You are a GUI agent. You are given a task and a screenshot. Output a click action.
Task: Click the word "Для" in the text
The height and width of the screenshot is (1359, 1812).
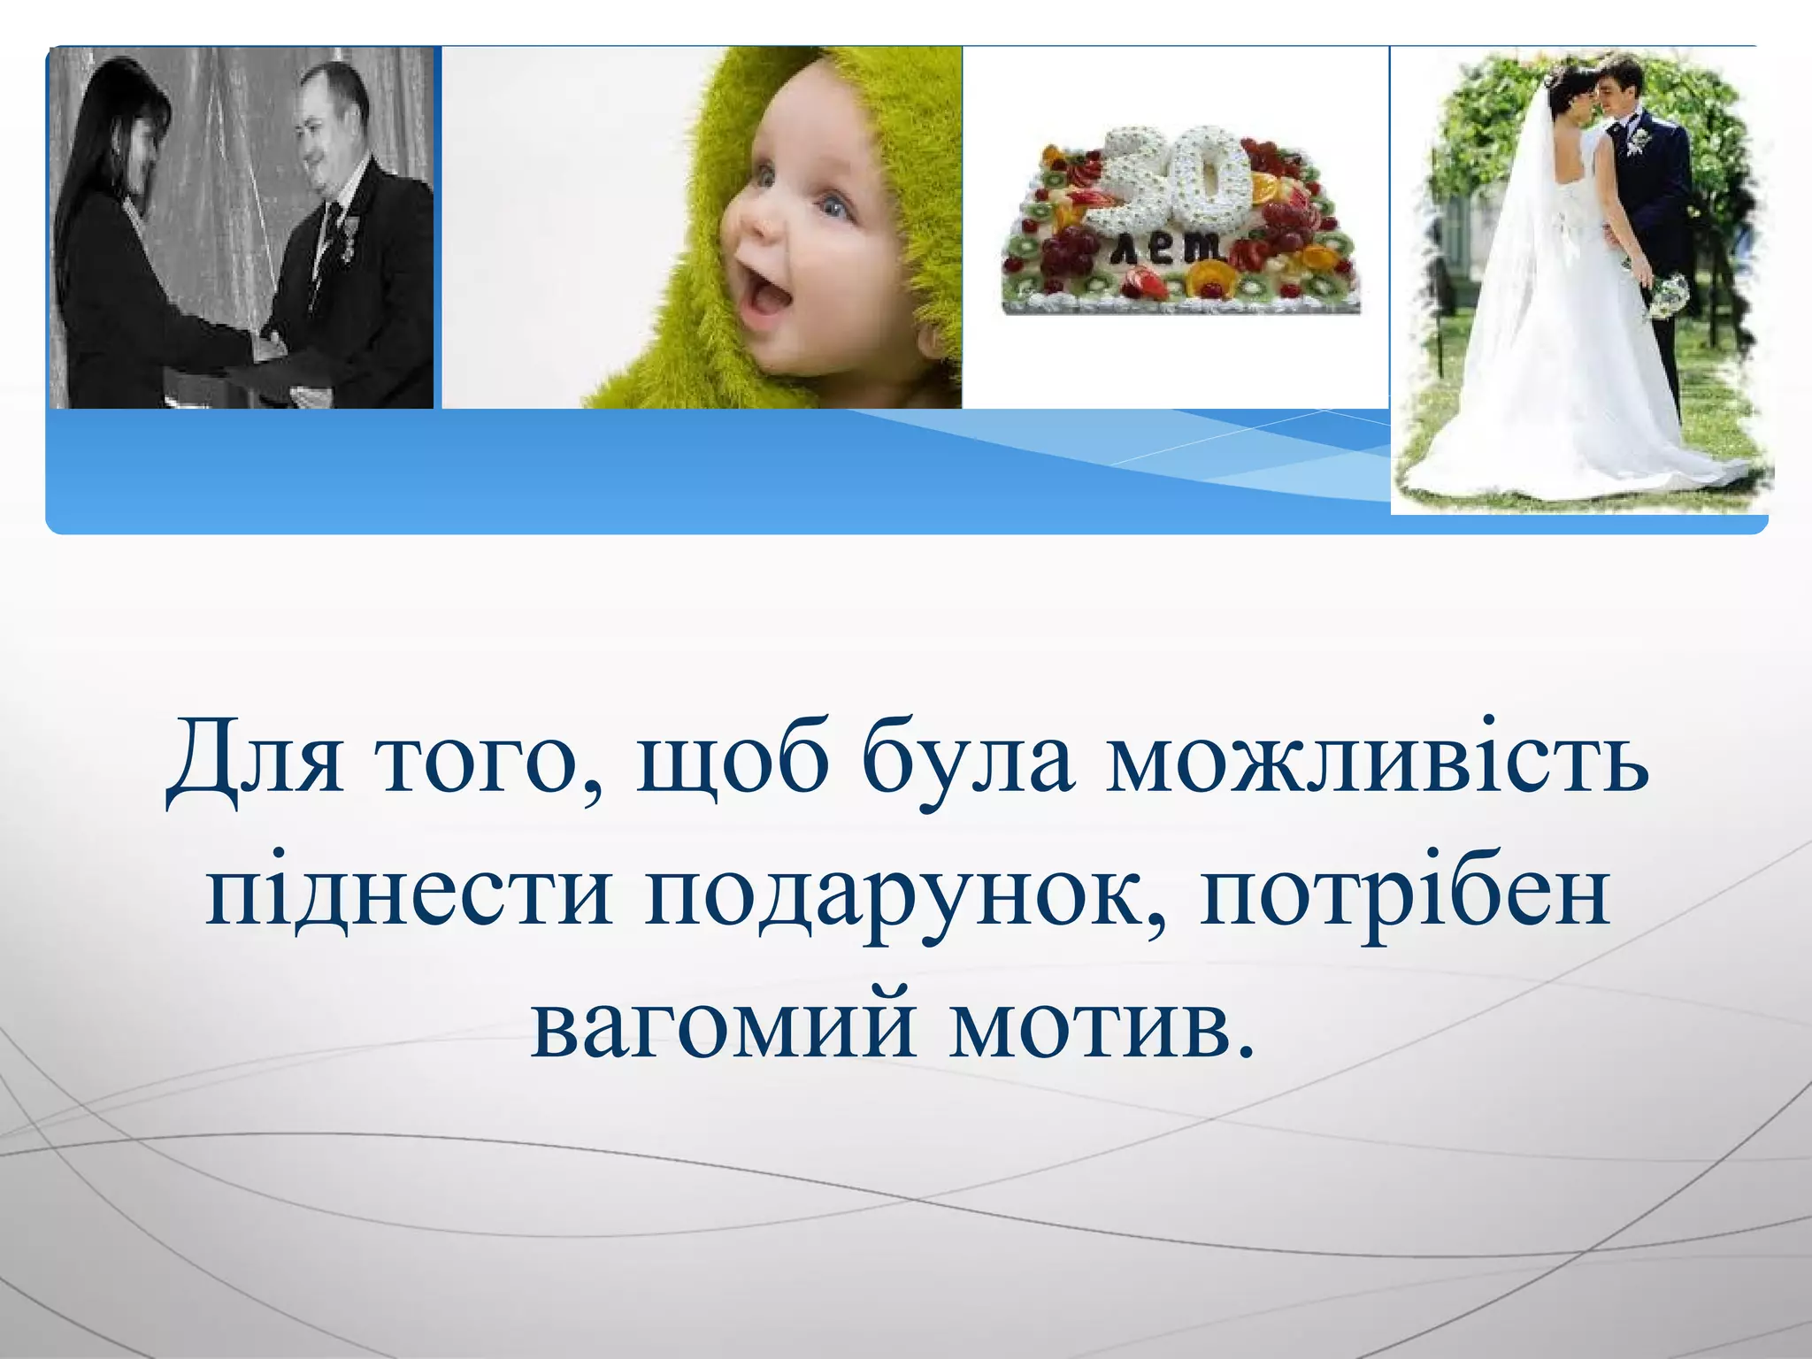[x=255, y=759]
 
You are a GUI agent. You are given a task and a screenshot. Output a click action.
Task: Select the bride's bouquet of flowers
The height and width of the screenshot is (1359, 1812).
[x=1667, y=296]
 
